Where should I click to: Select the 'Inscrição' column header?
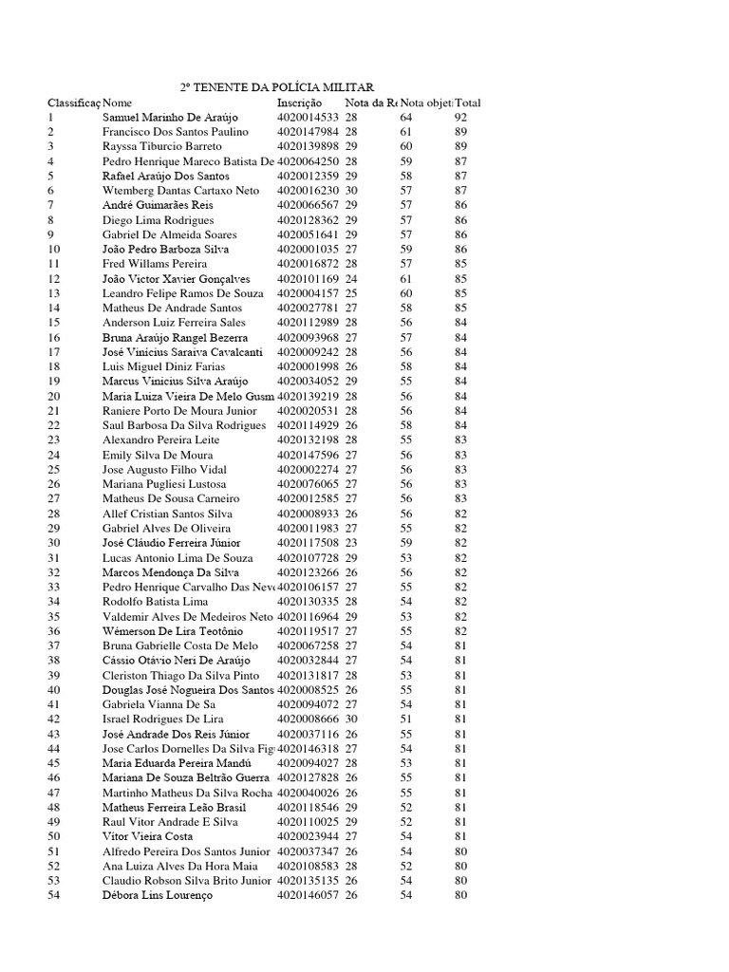point(300,103)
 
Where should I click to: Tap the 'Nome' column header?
point(118,103)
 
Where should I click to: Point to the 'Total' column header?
point(468,103)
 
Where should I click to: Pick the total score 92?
point(461,117)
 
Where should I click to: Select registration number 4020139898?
point(308,146)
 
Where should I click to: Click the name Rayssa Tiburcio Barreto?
point(161,146)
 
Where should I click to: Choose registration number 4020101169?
point(308,279)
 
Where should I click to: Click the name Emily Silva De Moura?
point(158,455)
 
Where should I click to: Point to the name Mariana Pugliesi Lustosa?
point(164,484)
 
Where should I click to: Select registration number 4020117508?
point(308,543)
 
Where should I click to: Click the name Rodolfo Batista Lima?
point(155,602)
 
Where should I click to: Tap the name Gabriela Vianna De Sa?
point(159,704)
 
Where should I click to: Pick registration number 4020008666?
point(308,720)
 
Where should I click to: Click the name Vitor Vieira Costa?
point(148,836)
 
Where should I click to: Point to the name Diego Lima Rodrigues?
point(159,219)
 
